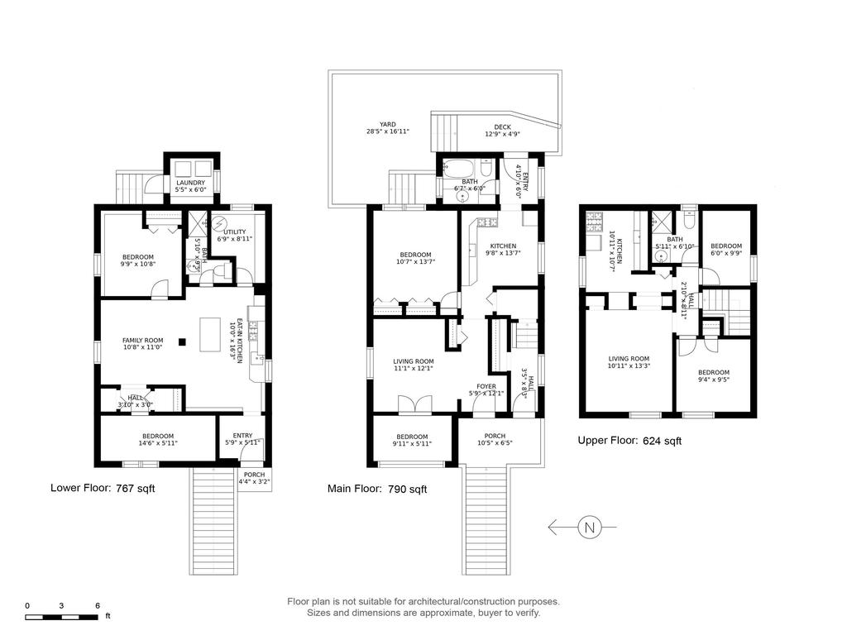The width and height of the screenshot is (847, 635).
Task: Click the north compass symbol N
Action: coord(589,527)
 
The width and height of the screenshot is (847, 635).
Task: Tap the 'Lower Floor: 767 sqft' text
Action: coord(103,489)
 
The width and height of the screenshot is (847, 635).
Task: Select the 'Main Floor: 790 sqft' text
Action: coord(377,489)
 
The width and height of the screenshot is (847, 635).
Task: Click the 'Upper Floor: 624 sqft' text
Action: coord(629,441)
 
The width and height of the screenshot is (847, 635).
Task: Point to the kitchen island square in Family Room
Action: coord(184,341)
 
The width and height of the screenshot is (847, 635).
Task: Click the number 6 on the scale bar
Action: coord(98,606)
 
